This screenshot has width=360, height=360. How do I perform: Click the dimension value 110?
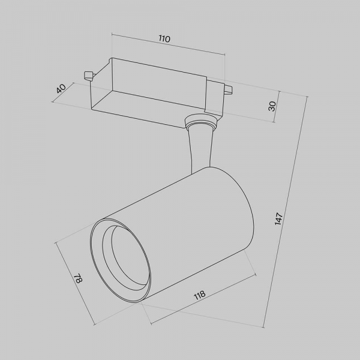(164, 39)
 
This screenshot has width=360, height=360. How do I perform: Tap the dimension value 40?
(61, 88)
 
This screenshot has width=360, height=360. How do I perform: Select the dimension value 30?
(272, 106)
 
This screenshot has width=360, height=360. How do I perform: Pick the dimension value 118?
(199, 295)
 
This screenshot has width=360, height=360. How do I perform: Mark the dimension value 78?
(77, 279)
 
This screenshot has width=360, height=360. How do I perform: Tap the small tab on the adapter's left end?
(88, 75)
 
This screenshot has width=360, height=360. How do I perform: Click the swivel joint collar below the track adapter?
(201, 124)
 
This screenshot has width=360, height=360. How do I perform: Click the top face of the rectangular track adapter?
(159, 75)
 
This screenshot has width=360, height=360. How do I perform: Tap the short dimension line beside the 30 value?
(277, 108)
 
